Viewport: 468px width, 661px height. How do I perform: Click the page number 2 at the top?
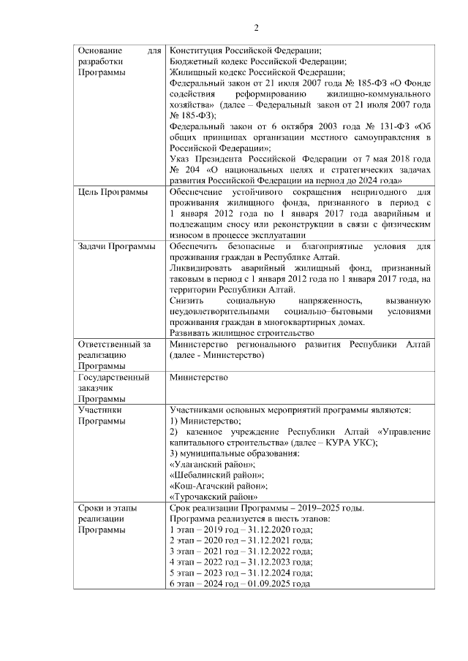pos(257,28)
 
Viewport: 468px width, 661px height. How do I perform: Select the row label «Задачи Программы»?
pos(116,247)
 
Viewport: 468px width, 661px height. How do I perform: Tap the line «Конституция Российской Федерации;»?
pos(245,50)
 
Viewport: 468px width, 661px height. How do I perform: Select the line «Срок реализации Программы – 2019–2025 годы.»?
pos(267,508)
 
